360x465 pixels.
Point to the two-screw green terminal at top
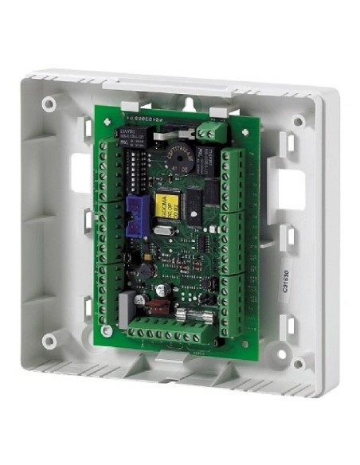[x=208, y=130]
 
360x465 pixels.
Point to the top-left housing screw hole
[x=50, y=104]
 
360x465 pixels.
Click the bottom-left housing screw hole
[x=50, y=340]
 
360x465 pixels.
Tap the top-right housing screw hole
[x=298, y=122]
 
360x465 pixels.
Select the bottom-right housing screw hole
[x=298, y=364]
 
